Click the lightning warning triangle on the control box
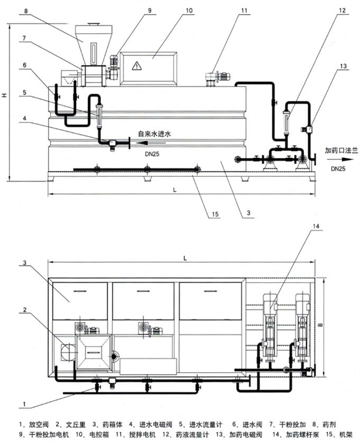[137, 66]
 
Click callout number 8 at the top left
[26, 11]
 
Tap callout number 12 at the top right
[342, 10]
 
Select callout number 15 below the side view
[215, 214]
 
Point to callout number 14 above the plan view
[316, 226]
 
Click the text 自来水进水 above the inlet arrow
[154, 134]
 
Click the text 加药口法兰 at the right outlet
[341, 150]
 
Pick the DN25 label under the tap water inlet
[152, 154]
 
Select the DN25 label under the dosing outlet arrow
[339, 168]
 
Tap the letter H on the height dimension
[5, 96]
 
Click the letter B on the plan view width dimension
[320, 325]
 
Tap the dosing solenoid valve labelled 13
[307, 129]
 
